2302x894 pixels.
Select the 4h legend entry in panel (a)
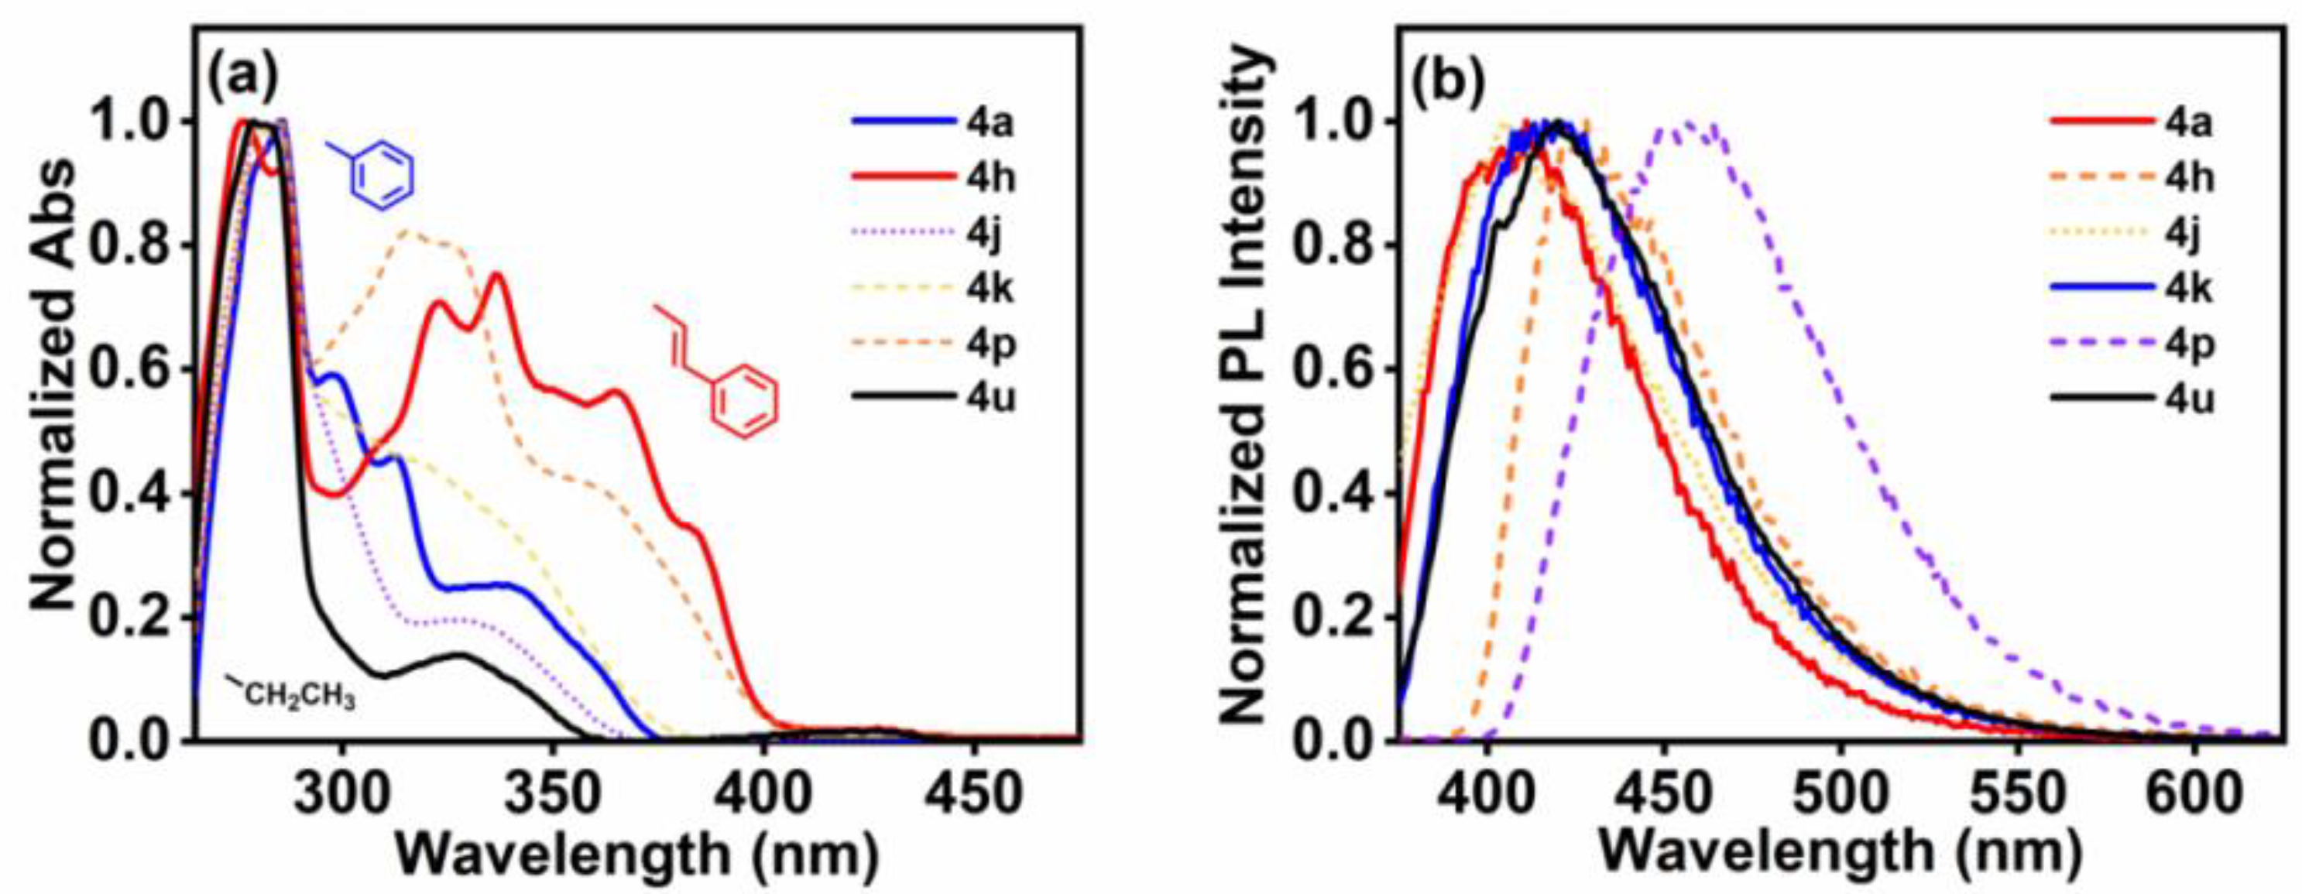(x=990, y=179)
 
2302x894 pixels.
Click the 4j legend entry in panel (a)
(x=990, y=234)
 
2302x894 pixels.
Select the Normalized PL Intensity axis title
(x=1243, y=384)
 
